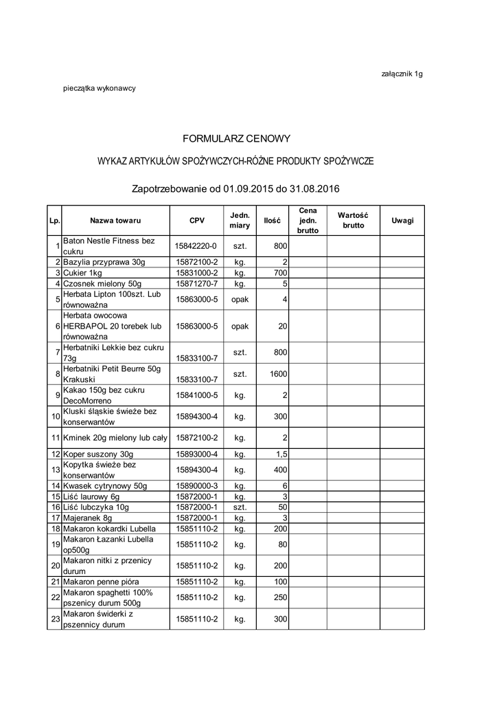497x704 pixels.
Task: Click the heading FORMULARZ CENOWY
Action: click(x=237, y=138)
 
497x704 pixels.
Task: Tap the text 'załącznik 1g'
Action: click(x=402, y=74)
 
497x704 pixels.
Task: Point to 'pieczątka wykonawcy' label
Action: click(x=99, y=89)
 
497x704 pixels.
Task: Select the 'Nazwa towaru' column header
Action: click(x=115, y=221)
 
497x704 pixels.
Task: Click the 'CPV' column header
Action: click(x=196, y=221)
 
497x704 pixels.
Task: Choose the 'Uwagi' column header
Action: click(x=402, y=221)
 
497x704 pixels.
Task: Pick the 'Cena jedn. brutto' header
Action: click(x=308, y=221)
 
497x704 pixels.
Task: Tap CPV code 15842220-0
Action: click(x=196, y=245)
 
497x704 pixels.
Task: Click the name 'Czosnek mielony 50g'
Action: click(x=102, y=283)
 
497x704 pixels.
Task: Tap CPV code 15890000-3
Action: click(x=196, y=485)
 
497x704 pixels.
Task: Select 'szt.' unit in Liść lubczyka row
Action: click(x=240, y=507)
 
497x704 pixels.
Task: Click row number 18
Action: click(x=54, y=528)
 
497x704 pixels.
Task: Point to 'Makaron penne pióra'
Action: click(x=100, y=582)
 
